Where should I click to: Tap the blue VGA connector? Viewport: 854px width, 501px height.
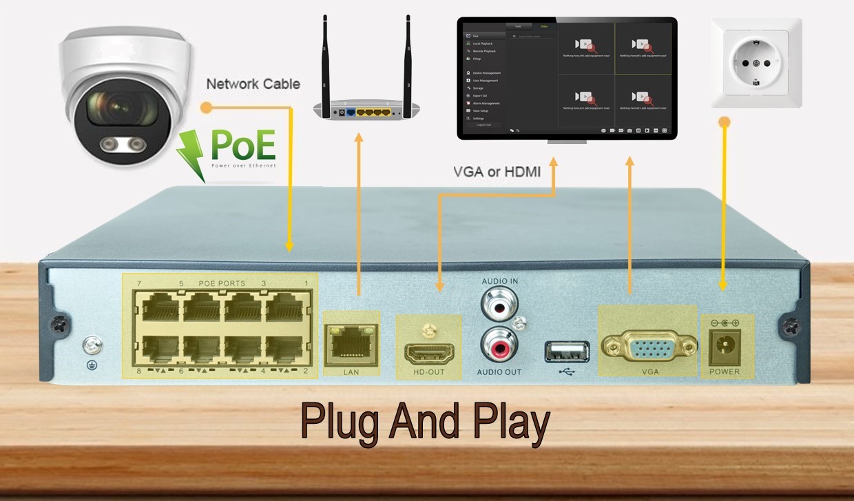(649, 345)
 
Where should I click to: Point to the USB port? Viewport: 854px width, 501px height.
(567, 351)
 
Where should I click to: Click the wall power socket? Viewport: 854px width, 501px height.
(756, 63)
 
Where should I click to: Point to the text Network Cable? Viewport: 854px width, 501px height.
(253, 84)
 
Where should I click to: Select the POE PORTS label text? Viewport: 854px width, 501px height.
(222, 283)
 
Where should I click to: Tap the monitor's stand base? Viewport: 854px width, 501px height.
(567, 142)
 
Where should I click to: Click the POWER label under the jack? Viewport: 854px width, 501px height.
(725, 371)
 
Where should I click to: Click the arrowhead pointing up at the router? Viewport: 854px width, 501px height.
(358, 137)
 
